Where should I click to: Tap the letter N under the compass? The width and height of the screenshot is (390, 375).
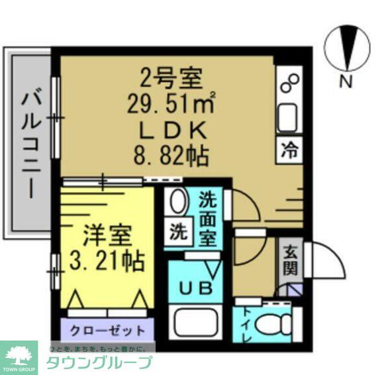pos(345,83)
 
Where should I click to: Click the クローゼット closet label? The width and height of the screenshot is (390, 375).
pos(107,329)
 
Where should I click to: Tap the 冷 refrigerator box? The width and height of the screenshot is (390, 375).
pos(289,150)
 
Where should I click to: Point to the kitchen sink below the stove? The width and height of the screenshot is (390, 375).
pos(289,118)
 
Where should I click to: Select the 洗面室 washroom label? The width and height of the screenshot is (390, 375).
pos(208,219)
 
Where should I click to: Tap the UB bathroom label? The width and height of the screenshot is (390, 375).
pos(196,288)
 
